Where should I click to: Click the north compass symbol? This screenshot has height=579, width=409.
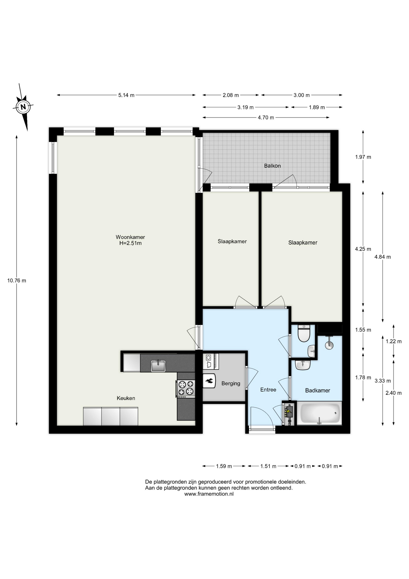[23, 106]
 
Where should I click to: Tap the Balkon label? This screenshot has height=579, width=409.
[272, 166]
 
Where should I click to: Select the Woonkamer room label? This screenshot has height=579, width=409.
[130, 237]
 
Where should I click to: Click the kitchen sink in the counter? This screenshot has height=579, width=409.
[158, 366]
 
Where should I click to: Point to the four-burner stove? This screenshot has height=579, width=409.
[186, 388]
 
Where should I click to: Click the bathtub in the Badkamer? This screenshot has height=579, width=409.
[320, 413]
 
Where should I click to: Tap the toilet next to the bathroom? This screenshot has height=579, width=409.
[304, 334]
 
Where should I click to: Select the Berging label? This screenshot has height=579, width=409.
[231, 383]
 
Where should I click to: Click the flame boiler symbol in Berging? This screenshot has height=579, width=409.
[209, 381]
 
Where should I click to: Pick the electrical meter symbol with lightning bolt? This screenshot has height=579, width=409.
[289, 414]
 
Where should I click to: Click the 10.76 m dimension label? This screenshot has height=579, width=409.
[17, 280]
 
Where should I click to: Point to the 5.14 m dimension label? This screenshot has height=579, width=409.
[126, 95]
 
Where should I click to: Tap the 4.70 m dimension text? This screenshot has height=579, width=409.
[266, 117]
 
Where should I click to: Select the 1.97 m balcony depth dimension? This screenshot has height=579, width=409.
[363, 157]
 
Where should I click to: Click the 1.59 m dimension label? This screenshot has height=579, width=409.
[224, 466]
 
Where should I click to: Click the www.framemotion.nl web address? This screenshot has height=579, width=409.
[209, 494]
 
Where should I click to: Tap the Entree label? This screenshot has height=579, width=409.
[268, 390]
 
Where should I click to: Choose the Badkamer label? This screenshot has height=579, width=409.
[317, 390]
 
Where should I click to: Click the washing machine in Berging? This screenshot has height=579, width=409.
[211, 361]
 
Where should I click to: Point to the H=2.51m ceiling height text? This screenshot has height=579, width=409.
[130, 243]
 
